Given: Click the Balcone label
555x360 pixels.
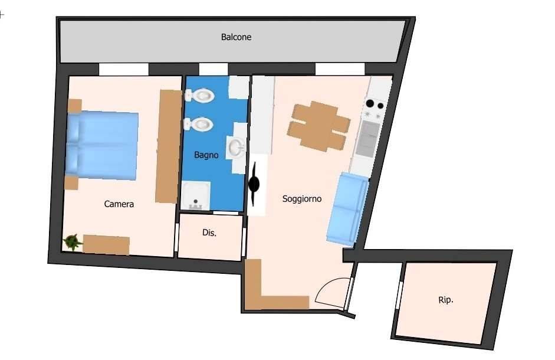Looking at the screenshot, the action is (236, 37).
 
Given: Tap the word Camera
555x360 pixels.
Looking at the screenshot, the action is (119, 204).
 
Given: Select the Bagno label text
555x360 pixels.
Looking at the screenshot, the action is (206, 155).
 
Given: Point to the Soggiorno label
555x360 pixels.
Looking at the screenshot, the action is (302, 199).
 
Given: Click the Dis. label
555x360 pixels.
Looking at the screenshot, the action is (209, 233).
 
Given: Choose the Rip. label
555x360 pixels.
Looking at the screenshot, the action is (446, 300).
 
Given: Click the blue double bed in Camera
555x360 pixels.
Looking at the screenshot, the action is (102, 145).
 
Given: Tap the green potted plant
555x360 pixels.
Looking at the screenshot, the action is (73, 242).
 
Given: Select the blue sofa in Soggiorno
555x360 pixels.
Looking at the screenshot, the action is (347, 209).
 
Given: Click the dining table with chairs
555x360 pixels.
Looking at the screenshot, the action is (318, 126).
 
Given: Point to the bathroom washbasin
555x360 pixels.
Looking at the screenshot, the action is (236, 148).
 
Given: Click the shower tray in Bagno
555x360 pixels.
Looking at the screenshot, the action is (196, 196).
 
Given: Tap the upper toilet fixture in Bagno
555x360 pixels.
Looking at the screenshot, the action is (199, 96).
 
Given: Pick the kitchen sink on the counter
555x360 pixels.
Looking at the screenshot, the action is (368, 139).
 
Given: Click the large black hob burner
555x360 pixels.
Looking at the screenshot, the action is (370, 103).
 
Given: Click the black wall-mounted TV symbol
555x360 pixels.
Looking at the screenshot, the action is (254, 184).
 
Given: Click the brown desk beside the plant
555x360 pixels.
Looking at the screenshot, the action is (106, 244).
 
